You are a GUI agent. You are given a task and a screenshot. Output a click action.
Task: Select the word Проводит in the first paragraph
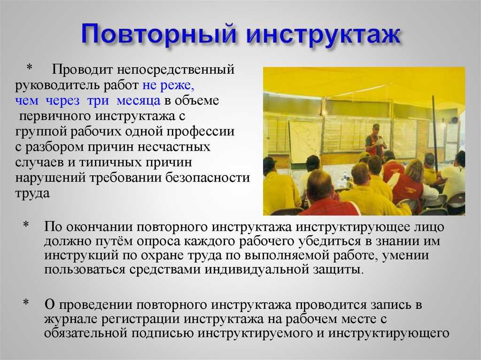(x=82, y=69)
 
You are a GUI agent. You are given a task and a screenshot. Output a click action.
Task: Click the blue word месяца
(x=139, y=100)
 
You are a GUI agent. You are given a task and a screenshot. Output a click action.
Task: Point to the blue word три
(x=98, y=100)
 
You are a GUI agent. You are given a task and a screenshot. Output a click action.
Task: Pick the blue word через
(x=62, y=100)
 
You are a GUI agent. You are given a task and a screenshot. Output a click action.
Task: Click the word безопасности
(x=208, y=178)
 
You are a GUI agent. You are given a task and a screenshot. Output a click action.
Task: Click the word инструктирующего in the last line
(x=389, y=333)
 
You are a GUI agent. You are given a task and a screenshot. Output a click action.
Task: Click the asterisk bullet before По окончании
(x=26, y=225)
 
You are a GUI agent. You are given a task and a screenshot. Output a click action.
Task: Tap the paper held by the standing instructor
(x=381, y=141)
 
